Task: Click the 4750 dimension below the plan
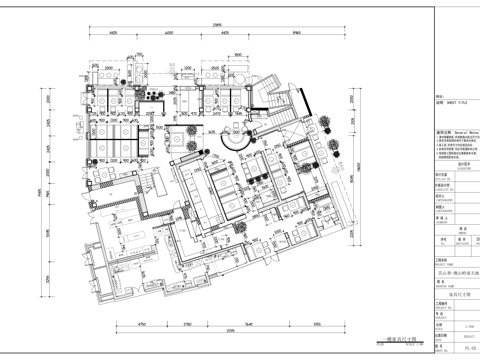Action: coord(142,324)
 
